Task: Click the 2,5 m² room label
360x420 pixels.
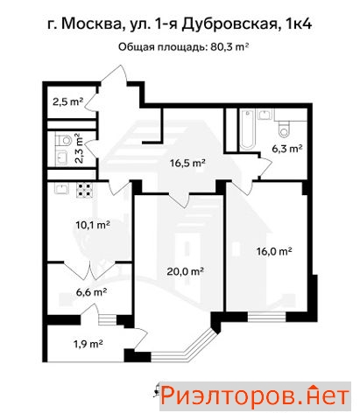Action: tap(67, 101)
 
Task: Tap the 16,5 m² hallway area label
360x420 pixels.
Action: tap(188, 163)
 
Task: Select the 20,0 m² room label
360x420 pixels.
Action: tap(185, 271)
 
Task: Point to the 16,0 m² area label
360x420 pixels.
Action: tap(274, 251)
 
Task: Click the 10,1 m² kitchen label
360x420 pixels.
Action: tap(93, 225)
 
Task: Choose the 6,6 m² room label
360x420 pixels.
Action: tap(91, 291)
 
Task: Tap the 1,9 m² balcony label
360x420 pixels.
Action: tap(88, 344)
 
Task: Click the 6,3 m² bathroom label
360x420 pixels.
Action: tap(286, 149)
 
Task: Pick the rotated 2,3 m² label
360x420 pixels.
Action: tap(79, 149)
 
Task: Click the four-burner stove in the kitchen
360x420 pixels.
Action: tap(85, 189)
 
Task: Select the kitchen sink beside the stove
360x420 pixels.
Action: tap(61, 188)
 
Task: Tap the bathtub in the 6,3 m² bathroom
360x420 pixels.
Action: tap(248, 129)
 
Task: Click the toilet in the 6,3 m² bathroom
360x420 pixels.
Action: tap(284, 129)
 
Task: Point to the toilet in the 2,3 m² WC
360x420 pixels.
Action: tap(64, 141)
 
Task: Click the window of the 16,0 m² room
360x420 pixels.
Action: tap(266, 317)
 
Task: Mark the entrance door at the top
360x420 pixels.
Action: tap(114, 76)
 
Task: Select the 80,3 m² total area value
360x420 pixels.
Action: tap(229, 47)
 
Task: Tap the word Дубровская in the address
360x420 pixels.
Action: tap(229, 24)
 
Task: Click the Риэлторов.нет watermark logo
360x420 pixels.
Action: tap(255, 396)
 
